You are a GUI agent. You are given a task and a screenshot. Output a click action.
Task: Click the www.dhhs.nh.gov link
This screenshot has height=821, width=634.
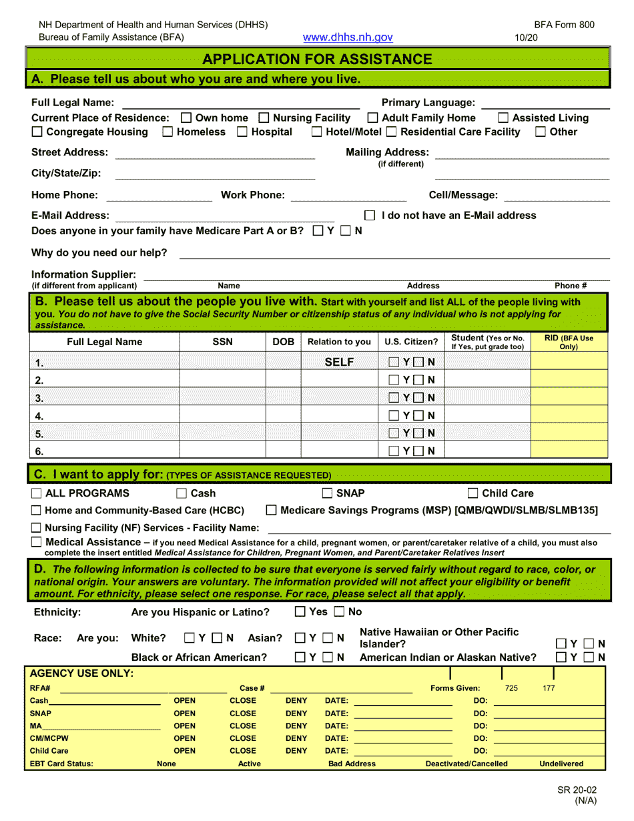[348, 38]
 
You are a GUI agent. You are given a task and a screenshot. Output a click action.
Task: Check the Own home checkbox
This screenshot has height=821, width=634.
[187, 118]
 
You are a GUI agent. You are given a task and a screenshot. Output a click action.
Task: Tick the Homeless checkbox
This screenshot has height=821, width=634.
[168, 132]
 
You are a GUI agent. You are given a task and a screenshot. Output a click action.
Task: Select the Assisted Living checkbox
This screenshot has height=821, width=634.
[504, 118]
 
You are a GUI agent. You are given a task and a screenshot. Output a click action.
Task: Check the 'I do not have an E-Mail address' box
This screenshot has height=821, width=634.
[370, 216]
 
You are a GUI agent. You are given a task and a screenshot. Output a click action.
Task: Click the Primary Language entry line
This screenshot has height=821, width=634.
[545, 105]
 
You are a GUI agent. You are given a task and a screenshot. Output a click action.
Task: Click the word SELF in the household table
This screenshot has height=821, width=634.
[339, 362]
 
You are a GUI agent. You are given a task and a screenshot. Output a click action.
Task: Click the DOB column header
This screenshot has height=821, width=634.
[284, 342]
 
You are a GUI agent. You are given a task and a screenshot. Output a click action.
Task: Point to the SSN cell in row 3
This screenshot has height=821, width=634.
[223, 398]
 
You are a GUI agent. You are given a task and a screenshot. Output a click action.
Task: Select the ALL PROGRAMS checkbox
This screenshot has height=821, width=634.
[37, 494]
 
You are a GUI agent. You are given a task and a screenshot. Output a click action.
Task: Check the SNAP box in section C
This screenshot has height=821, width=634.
[328, 494]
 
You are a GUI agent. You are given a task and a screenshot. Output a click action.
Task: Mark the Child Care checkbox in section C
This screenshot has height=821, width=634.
[473, 494]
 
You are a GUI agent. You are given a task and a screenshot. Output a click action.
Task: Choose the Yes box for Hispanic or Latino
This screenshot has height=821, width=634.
[300, 612]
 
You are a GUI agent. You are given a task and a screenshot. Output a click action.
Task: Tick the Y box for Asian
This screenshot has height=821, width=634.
[300, 639]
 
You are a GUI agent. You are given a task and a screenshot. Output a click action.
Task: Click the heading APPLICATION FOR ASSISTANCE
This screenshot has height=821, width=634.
[317, 59]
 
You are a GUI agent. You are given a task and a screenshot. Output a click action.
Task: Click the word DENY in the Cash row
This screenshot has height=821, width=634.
[296, 701]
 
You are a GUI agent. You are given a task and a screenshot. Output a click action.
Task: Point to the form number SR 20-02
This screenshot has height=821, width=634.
[577, 790]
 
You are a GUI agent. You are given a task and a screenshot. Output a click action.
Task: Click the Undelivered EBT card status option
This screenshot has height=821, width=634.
[561, 764]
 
